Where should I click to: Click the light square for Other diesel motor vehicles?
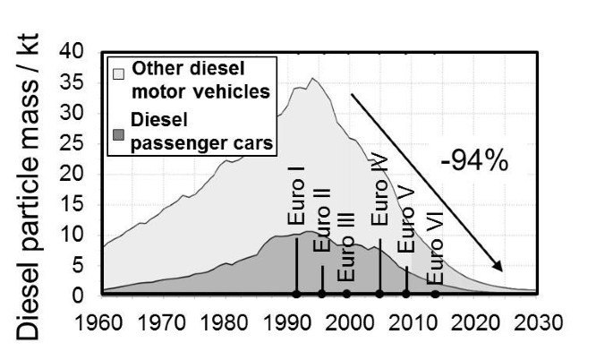pos(117,70)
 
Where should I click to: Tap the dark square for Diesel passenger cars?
pos(117,134)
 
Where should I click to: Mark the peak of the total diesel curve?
pos(311,79)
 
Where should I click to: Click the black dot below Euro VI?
pos(435,294)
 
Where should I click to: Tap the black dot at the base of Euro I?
pos(296,294)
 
